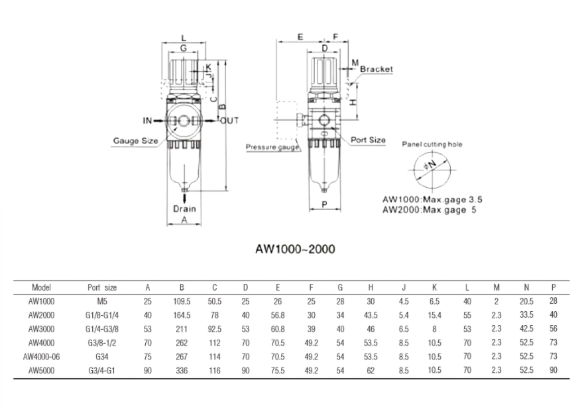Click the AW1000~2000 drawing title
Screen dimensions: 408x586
[x=295, y=249]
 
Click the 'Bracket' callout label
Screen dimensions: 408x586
[x=376, y=69]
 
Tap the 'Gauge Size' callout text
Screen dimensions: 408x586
[x=135, y=141]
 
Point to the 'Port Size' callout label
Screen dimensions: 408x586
[x=368, y=140]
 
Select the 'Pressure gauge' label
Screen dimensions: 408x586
[x=272, y=147]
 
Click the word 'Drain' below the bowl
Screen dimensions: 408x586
[x=185, y=208]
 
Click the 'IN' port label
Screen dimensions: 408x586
[x=147, y=121]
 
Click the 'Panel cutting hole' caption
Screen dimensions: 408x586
[x=432, y=144]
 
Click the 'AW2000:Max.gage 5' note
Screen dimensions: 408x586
[x=429, y=210]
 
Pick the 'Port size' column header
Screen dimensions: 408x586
[x=102, y=288]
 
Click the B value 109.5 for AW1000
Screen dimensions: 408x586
[x=182, y=301]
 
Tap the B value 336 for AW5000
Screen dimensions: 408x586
[x=182, y=370]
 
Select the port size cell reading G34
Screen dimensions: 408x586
[x=102, y=356]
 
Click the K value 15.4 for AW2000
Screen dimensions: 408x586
[x=435, y=315]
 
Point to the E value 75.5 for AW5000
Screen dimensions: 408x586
[x=278, y=370]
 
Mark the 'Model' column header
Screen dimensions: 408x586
[x=41, y=288]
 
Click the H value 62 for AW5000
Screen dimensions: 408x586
[x=371, y=370]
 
